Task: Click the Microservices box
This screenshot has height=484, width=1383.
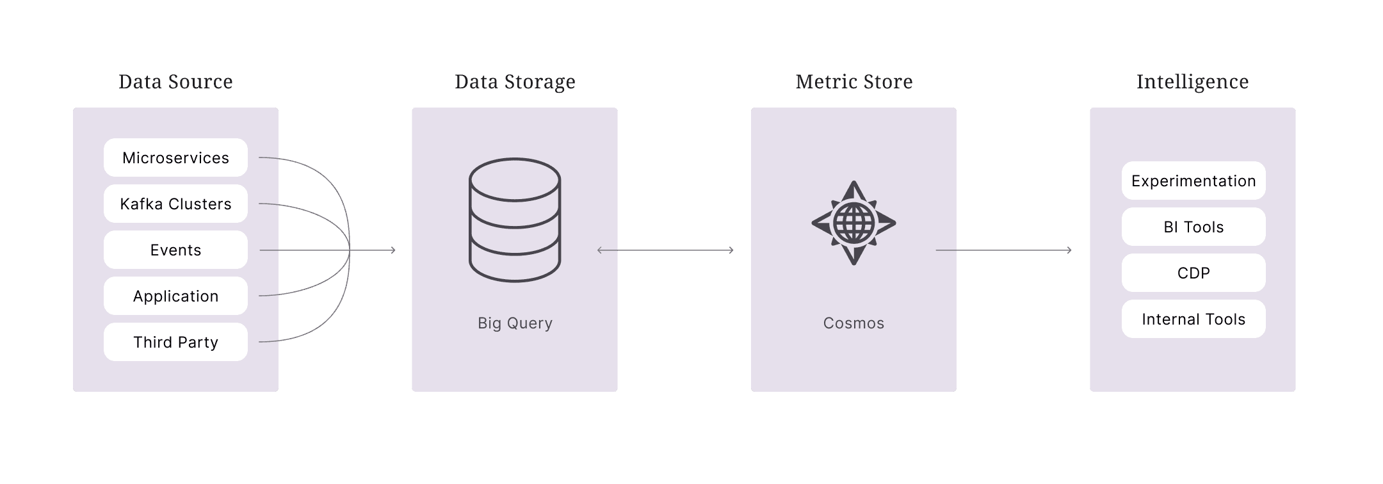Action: pyautogui.click(x=175, y=157)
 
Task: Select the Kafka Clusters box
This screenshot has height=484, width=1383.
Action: pyautogui.click(x=175, y=204)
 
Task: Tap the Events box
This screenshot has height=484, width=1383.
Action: pyautogui.click(x=175, y=250)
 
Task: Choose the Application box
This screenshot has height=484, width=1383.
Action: pyautogui.click(x=175, y=296)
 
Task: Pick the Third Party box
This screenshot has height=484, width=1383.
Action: pyautogui.click(x=175, y=342)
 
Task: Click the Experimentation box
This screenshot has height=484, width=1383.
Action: pyautogui.click(x=1193, y=181)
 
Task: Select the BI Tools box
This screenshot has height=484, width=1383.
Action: pyautogui.click(x=1193, y=227)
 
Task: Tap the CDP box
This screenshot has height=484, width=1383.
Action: pyautogui.click(x=1193, y=273)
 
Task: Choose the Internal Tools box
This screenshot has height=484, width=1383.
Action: pyautogui.click(x=1193, y=319)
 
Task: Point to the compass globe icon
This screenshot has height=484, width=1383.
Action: pyautogui.click(x=853, y=223)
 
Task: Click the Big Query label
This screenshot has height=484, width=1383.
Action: pyautogui.click(x=515, y=323)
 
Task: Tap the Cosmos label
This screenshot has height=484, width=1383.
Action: pyautogui.click(x=853, y=323)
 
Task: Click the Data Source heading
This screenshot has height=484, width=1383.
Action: pyautogui.click(x=175, y=81)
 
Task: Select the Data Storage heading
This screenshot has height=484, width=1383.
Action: pyautogui.click(x=515, y=82)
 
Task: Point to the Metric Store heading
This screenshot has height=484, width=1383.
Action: pyautogui.click(x=854, y=81)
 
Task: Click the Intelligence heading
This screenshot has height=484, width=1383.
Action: pyautogui.click(x=1193, y=82)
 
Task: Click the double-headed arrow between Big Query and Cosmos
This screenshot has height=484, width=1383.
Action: pyautogui.click(x=665, y=250)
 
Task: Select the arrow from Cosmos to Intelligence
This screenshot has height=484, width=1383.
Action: pyautogui.click(x=1004, y=250)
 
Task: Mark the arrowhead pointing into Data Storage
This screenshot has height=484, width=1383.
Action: pyautogui.click(x=393, y=250)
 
